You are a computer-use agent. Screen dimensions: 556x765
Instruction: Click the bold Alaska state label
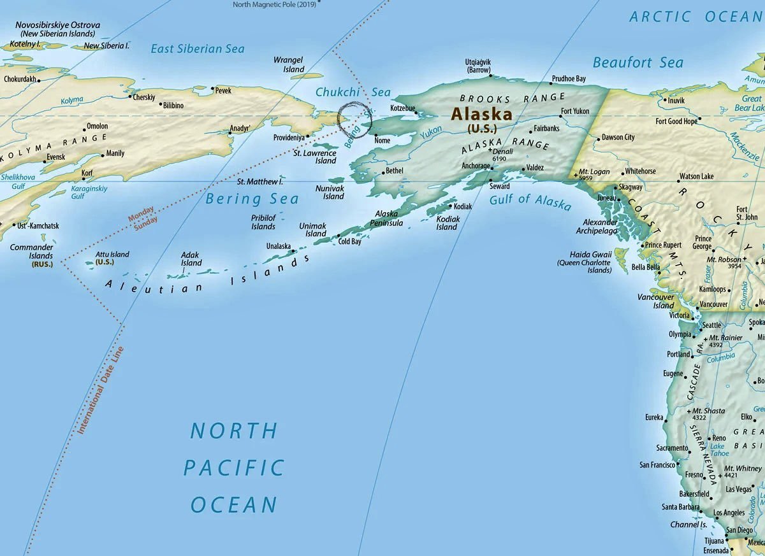481,114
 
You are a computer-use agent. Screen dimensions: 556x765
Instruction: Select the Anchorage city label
476,166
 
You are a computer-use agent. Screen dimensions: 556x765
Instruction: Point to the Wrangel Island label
289,64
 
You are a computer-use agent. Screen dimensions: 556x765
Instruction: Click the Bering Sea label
252,199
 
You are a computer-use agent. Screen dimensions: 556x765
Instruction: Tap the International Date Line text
101,390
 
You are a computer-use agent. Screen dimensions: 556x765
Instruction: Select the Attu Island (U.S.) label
112,258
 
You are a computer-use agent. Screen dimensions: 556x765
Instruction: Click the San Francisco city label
657,465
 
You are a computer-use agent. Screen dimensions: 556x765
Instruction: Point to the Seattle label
711,325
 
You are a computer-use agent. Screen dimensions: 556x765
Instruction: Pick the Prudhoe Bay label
569,78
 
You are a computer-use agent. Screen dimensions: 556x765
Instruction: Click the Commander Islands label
31,251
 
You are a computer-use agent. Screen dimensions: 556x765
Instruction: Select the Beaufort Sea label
637,62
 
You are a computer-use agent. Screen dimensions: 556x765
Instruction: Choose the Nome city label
382,140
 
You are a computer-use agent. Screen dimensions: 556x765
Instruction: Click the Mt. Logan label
594,172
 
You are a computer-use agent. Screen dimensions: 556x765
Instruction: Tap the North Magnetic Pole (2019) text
273,4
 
